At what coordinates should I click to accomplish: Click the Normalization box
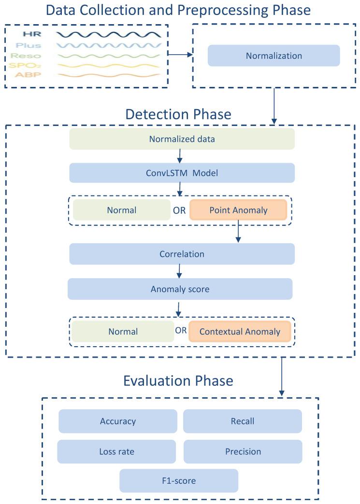274,56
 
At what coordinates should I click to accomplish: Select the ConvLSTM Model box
182,173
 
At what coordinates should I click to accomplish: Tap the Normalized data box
182,139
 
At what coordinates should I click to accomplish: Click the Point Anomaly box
238,210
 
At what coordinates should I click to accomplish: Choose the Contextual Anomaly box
240,332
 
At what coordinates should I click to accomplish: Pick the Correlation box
182,254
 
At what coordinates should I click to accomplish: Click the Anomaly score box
180,289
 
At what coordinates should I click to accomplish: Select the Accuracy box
118,421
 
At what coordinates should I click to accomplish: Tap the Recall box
242,421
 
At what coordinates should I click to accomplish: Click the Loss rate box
116,451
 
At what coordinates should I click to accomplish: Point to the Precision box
243,451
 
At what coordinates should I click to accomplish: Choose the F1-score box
179,481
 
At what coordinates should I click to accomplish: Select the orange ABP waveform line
108,75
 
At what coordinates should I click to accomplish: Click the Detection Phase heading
178,114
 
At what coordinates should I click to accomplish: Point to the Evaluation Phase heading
178,380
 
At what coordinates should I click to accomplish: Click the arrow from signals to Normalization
180,55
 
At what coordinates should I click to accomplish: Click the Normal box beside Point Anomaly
122,210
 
